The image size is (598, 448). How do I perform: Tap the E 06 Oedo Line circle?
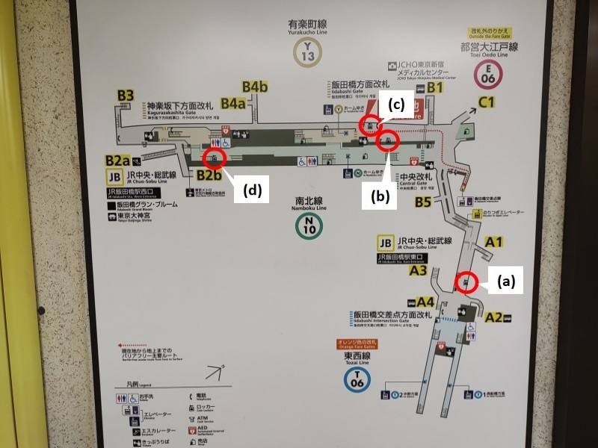click(490, 74)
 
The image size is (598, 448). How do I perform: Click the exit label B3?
click(125, 96)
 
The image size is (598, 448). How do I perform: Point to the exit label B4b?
click(254, 87)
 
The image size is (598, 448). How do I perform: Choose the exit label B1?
click(435, 88)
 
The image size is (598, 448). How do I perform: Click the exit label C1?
click(488, 102)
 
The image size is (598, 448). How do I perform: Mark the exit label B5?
click(423, 202)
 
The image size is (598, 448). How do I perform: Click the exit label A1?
click(494, 241)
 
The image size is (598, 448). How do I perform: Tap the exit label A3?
click(418, 271)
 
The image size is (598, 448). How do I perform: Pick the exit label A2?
click(493, 317)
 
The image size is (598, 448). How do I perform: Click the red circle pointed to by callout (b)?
click(387, 141)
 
